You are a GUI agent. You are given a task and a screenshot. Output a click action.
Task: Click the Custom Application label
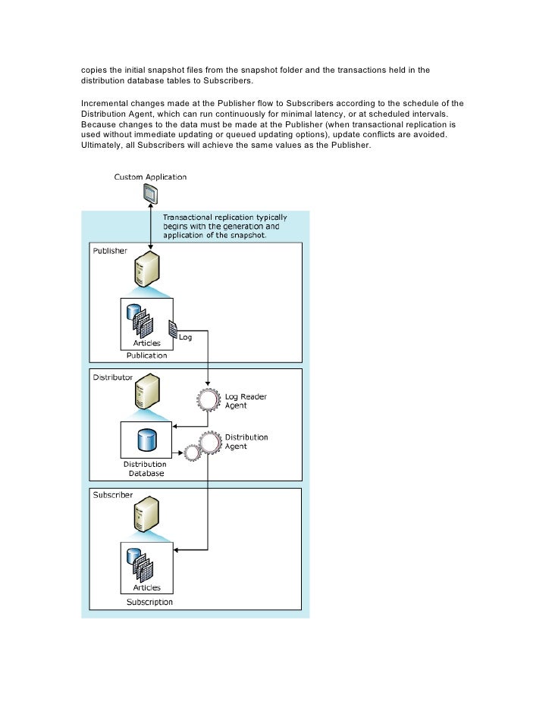[x=150, y=177]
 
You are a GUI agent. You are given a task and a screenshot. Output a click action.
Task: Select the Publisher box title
[x=110, y=250]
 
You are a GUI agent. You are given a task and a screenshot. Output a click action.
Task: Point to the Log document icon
[x=172, y=329]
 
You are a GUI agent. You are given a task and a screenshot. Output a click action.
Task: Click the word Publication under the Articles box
[x=147, y=353]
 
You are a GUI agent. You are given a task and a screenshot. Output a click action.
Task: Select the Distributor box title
[x=113, y=377]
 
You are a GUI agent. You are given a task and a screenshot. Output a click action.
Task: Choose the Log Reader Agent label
[x=248, y=400]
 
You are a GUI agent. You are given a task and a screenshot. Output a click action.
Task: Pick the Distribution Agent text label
[x=248, y=442]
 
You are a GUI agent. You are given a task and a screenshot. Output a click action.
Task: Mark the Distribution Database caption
[x=146, y=468]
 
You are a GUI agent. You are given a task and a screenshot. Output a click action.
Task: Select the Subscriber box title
[x=113, y=495]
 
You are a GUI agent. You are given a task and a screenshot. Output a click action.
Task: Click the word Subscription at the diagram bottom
[x=149, y=602]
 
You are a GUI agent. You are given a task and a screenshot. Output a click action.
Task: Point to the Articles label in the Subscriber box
[x=147, y=587]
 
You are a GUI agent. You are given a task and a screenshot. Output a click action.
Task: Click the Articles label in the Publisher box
[x=147, y=343]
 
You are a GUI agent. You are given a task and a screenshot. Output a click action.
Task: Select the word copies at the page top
[x=96, y=70]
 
